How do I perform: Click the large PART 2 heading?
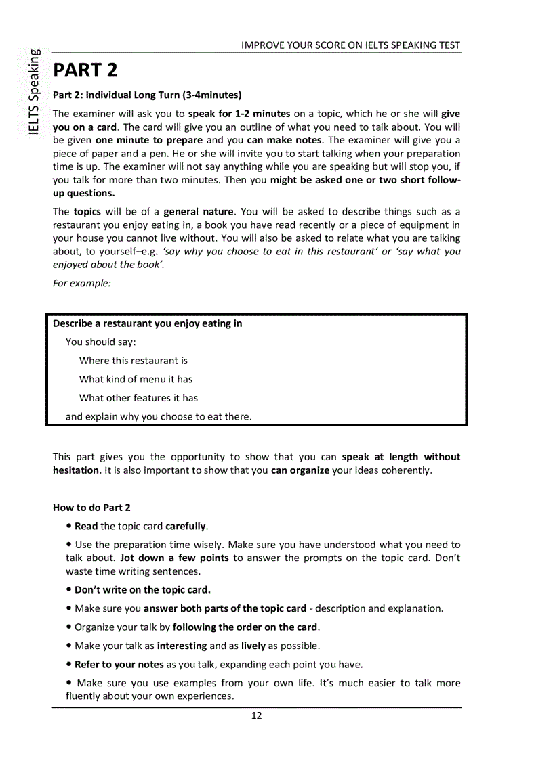coord(85,70)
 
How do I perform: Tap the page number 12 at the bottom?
coord(256,716)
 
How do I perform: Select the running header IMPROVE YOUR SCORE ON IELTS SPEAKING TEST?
coord(350,45)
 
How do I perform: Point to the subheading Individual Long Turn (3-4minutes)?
coord(147,95)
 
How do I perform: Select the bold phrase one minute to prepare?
coord(149,141)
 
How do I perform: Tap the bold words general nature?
coord(198,211)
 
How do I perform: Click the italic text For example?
coord(81,283)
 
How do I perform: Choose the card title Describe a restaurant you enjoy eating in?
coord(147,323)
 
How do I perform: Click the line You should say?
coord(101,342)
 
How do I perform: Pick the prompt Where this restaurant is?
coord(134,361)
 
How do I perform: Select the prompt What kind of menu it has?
coord(136,379)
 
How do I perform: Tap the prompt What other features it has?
coord(138,398)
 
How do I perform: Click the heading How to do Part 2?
coord(91,508)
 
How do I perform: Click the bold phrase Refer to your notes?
coord(119,664)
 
